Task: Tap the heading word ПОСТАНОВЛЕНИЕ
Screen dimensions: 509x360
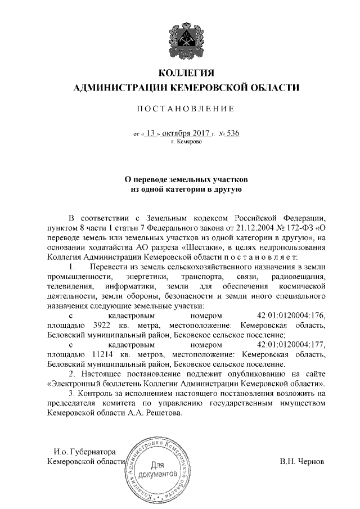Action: (184, 109)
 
